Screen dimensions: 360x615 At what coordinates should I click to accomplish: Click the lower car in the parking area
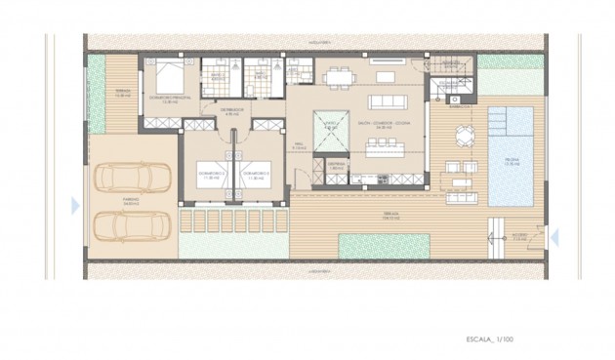coord(135,225)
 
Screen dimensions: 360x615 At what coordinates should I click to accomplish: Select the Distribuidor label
coord(231,111)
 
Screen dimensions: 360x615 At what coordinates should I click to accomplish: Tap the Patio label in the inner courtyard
coord(330,124)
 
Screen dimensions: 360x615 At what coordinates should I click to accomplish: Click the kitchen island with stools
coord(384,149)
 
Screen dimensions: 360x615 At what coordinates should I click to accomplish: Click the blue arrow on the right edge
coord(553,236)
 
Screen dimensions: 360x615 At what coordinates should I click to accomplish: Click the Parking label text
coord(132,201)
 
